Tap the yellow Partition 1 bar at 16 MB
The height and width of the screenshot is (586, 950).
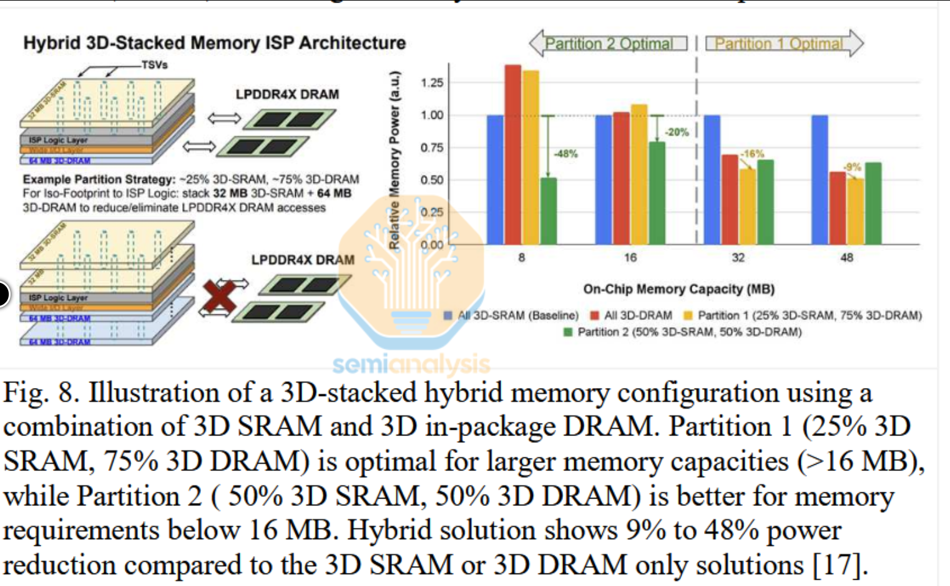click(x=639, y=174)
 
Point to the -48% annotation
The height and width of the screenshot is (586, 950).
click(x=566, y=154)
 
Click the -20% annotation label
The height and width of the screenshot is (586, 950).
click(x=676, y=132)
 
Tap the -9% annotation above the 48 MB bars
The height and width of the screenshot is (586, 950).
click(x=852, y=167)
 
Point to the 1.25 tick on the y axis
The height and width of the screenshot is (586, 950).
click(x=432, y=83)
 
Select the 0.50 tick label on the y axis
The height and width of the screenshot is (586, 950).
click(x=432, y=180)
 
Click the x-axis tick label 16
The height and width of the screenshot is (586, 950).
click(x=630, y=257)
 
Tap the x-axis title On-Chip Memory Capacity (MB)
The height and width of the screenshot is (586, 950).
click(x=678, y=289)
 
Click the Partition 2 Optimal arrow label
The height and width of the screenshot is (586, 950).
click(x=609, y=44)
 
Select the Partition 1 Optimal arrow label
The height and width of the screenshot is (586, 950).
click(x=778, y=44)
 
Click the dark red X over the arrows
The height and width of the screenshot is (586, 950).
click(x=220, y=297)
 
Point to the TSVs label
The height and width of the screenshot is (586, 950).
click(x=154, y=65)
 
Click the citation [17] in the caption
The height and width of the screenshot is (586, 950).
click(x=840, y=565)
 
